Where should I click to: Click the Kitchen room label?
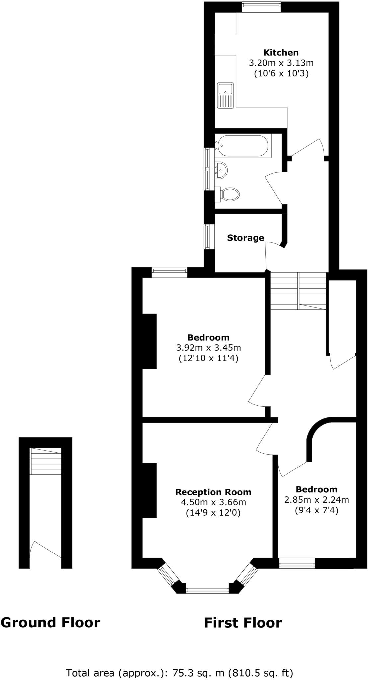click(281, 52)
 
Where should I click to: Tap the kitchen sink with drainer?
click(226, 95)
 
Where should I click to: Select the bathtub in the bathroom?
click(243, 146)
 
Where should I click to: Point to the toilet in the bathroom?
click(229, 194)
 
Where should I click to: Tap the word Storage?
click(246, 238)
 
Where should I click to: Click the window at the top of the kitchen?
click(261, 7)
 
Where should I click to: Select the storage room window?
click(208, 236)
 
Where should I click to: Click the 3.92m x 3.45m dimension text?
click(208, 348)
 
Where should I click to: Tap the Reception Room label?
click(213, 492)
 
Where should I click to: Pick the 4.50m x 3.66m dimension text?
click(213, 502)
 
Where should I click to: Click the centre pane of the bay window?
click(207, 590)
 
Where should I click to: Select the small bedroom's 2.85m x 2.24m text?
click(317, 499)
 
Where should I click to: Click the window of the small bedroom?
click(297, 563)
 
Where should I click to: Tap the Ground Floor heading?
click(50, 622)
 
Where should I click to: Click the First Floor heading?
click(243, 623)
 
